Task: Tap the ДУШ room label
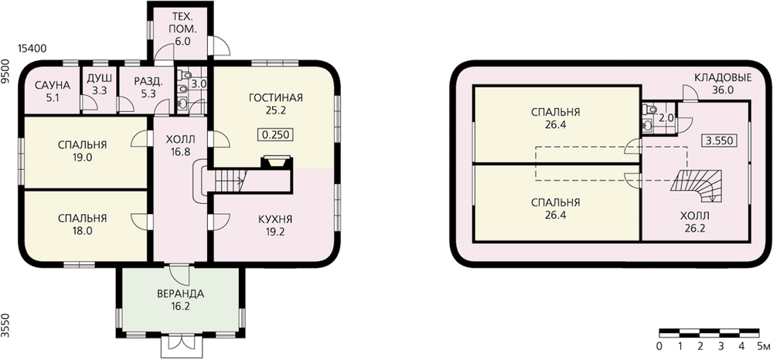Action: point(99,79)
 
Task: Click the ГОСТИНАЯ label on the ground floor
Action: point(274,98)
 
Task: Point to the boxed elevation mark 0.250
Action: point(274,134)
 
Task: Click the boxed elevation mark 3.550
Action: point(718,141)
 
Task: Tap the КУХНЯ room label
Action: point(275,219)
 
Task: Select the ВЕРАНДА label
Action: point(180,294)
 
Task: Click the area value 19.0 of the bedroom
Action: point(82,157)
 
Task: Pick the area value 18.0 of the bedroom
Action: point(82,229)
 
